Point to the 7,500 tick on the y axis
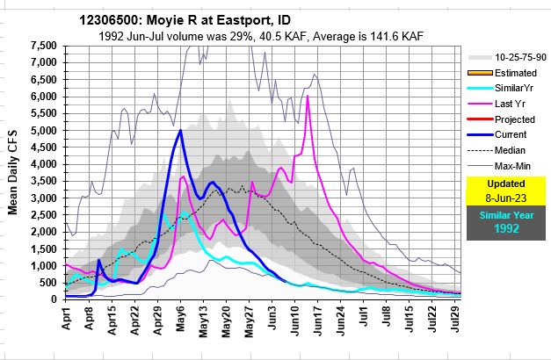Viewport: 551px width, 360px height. pyautogui.click(x=42, y=46)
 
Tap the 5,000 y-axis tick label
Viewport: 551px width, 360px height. pyautogui.click(x=42, y=130)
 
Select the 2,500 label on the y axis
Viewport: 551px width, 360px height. pyautogui.click(x=42, y=214)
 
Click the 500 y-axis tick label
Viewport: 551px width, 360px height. pyautogui.click(x=49, y=282)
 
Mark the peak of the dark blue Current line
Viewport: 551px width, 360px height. pyautogui.click(x=180, y=131)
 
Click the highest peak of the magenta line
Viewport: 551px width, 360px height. pyautogui.click(x=308, y=96)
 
